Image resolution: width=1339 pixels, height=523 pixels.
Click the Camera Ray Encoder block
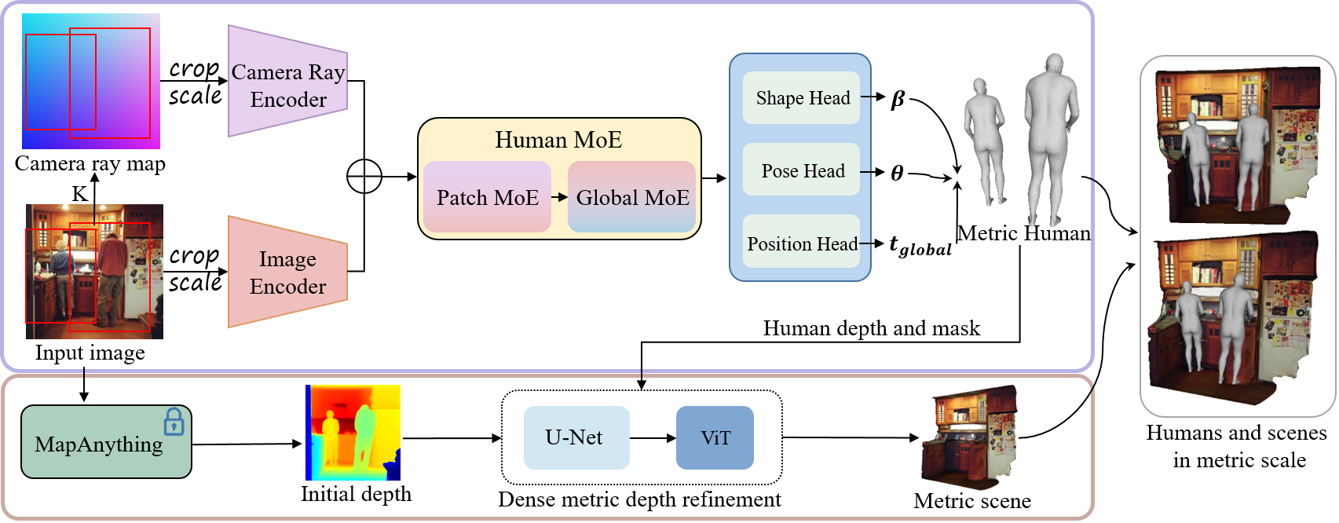287,82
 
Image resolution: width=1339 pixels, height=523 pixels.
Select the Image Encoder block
287,272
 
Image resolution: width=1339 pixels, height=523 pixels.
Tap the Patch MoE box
487,197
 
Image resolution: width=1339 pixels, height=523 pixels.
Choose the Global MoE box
632,197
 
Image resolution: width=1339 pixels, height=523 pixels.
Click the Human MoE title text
558,140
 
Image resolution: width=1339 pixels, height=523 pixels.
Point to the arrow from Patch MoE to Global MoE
559,197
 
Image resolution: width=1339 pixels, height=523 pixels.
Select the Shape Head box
802,98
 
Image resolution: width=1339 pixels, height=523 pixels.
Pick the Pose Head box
802,170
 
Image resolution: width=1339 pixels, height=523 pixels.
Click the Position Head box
802,243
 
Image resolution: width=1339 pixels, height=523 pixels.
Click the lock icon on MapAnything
174,422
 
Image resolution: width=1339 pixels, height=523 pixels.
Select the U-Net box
576,437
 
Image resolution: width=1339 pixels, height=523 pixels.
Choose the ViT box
715,437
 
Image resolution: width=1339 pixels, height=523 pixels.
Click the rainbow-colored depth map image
353,432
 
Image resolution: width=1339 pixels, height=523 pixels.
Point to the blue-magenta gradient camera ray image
91,81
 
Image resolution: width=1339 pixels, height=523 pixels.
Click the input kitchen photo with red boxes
94,272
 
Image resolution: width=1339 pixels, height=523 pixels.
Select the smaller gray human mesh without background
984,141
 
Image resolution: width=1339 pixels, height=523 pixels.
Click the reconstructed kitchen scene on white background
969,437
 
